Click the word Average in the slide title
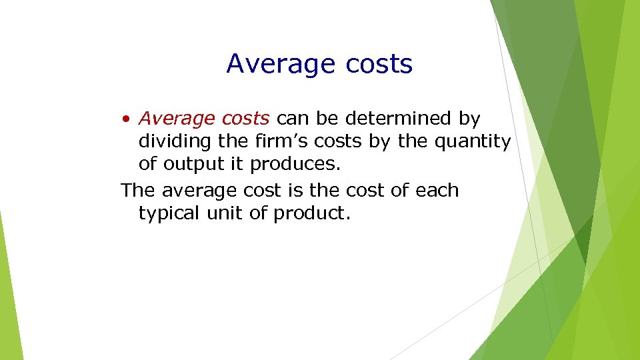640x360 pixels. click(x=281, y=65)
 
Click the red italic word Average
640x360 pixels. click(x=175, y=119)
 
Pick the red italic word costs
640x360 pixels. click(x=243, y=119)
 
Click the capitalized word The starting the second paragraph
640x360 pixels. click(x=138, y=190)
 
